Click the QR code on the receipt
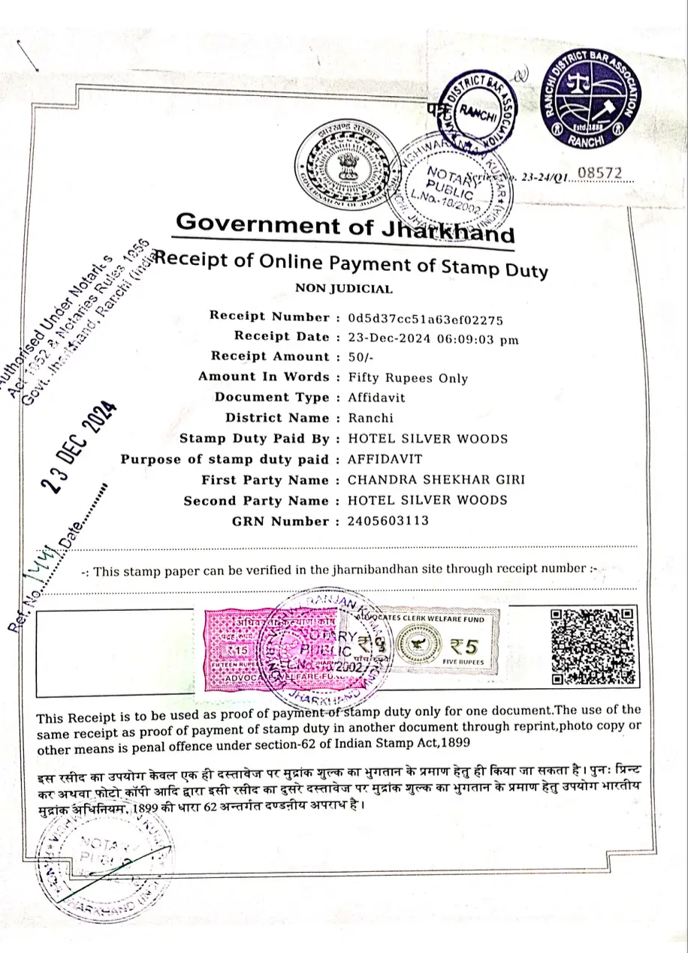click(593, 646)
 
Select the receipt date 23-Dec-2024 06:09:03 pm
click(433, 338)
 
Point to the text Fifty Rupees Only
click(408, 378)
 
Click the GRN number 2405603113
click(388, 521)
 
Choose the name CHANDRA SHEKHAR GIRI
click(436, 480)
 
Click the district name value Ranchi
click(370, 418)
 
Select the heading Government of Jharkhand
click(345, 226)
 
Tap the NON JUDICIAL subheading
click(343, 288)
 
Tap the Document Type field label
click(272, 398)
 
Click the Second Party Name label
click(256, 501)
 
